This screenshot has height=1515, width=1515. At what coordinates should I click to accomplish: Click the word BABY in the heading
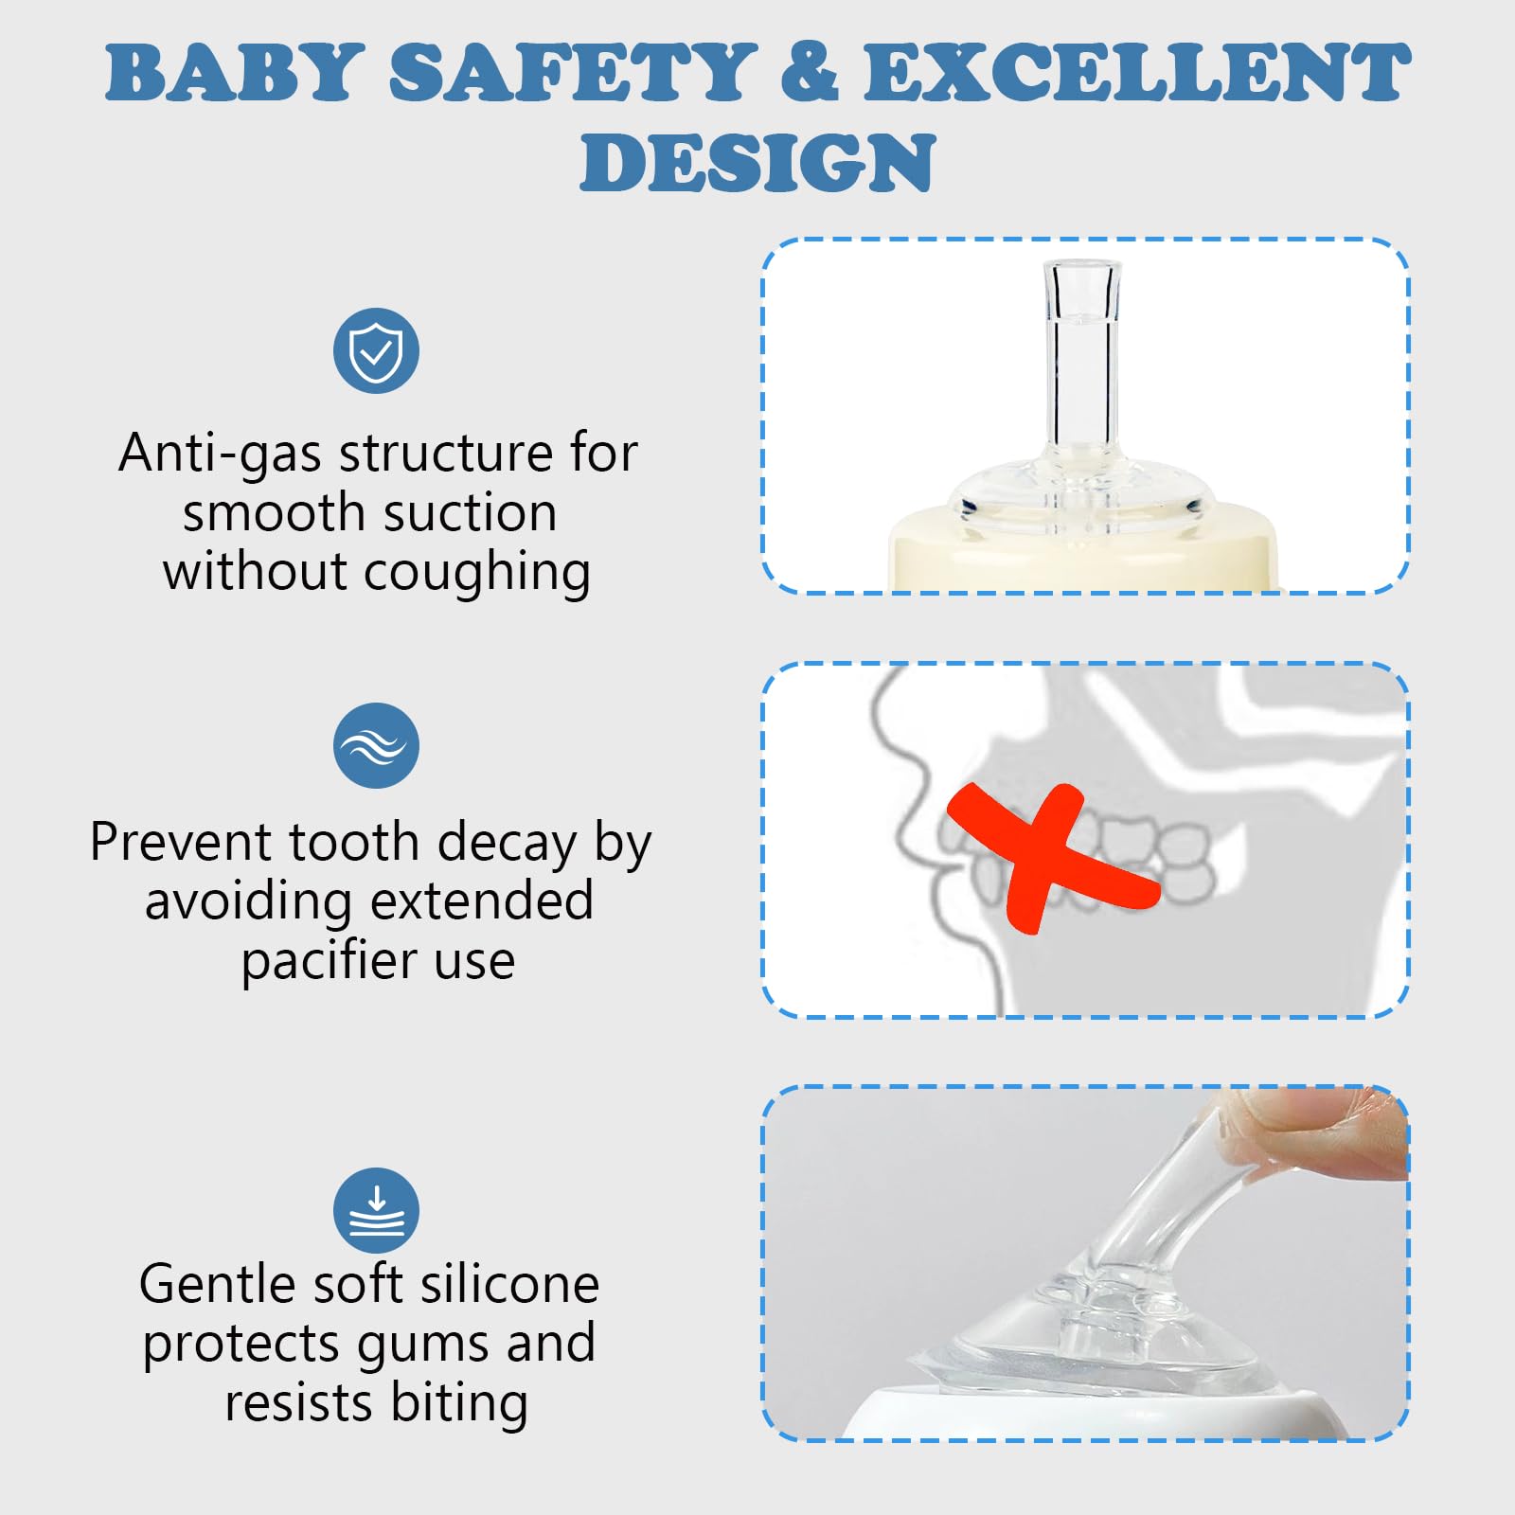(234, 73)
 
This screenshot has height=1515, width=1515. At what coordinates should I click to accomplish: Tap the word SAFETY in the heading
(572, 73)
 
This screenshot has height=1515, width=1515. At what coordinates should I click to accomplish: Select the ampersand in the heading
(810, 73)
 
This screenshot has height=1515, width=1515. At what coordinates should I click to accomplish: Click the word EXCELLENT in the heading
(1136, 73)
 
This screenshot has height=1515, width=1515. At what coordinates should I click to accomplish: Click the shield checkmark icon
(376, 351)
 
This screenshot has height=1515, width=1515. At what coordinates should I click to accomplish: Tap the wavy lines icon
(376, 746)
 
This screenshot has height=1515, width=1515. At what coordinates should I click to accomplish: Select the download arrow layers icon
(376, 1211)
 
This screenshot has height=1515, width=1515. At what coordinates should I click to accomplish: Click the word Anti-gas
(221, 454)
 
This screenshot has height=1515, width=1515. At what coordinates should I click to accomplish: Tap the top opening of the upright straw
(1082, 265)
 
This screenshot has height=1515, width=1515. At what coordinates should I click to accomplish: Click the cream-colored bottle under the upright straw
(1082, 554)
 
